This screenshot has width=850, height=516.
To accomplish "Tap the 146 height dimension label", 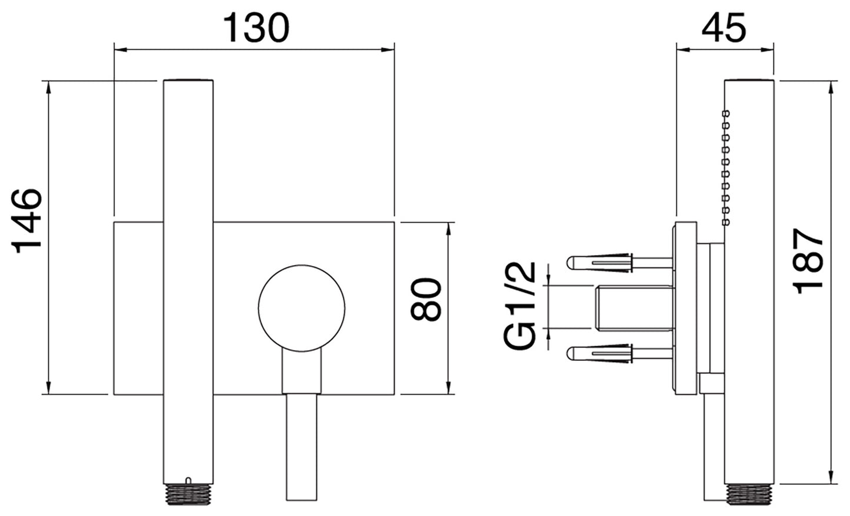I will click(28, 220).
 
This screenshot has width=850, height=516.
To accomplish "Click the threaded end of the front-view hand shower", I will click(188, 489).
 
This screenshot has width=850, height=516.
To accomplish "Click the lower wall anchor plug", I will click(600, 353).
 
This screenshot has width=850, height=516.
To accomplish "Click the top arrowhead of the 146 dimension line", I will click(48, 86).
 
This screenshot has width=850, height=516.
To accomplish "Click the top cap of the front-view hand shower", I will click(188, 79).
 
